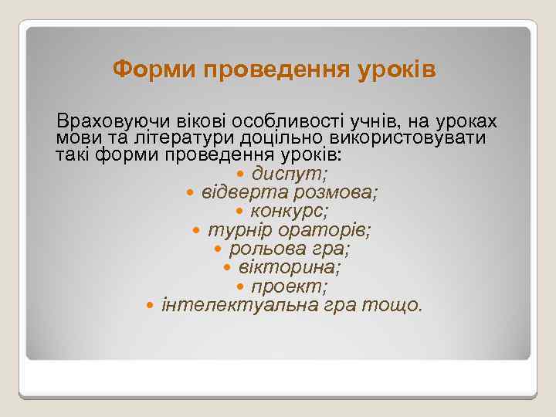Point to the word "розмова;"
coord(342,192)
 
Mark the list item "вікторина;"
coord(290,268)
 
